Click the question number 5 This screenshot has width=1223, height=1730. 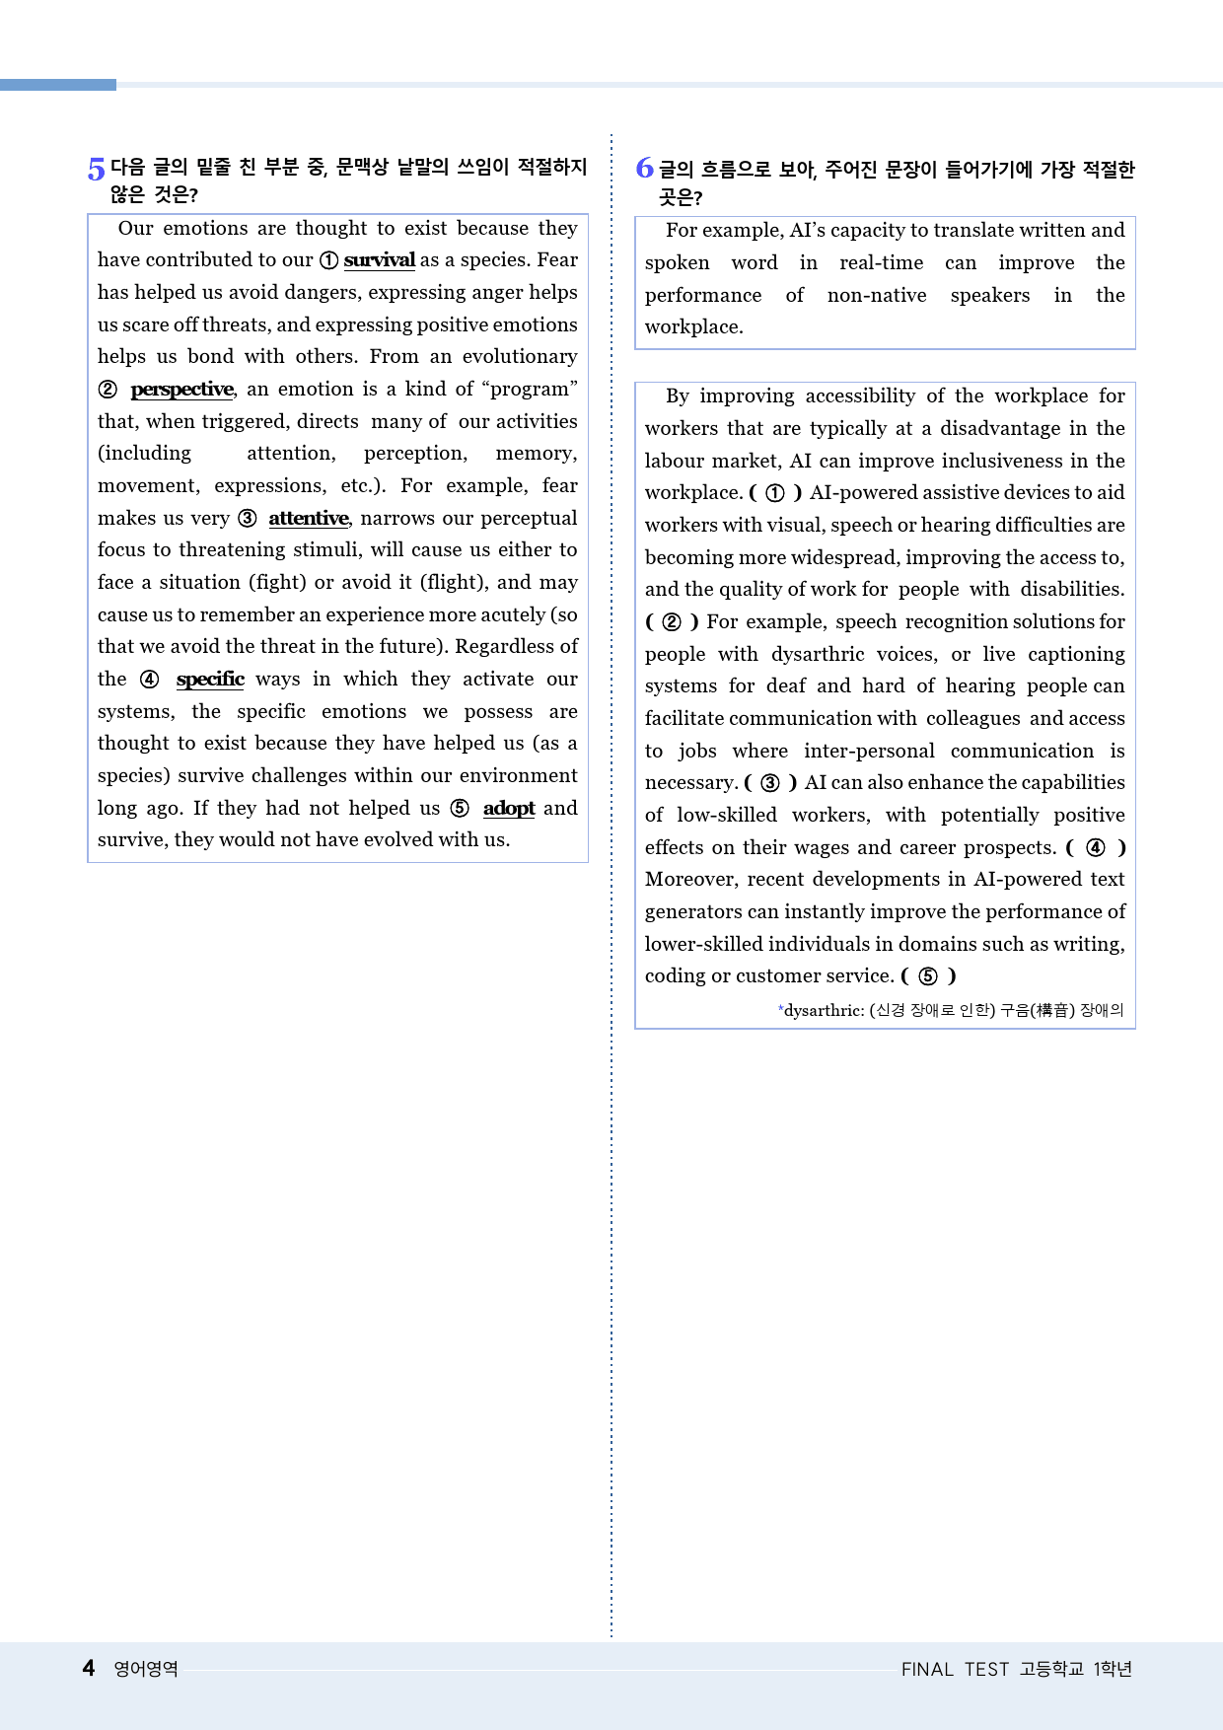click(96, 170)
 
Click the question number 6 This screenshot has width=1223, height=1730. click(644, 169)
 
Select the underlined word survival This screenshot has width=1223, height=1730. click(379, 260)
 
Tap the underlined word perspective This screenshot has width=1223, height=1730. click(181, 390)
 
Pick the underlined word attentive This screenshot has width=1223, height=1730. click(308, 519)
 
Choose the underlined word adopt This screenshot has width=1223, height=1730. click(509, 809)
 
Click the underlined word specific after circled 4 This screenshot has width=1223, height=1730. click(210, 680)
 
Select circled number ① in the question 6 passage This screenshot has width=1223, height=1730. click(775, 493)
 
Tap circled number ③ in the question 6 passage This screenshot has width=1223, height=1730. click(770, 783)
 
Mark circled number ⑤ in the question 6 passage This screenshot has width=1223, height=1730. click(928, 976)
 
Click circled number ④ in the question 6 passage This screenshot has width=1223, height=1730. click(1096, 848)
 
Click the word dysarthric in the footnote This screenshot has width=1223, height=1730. click(824, 1010)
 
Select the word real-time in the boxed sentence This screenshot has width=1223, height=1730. click(881, 263)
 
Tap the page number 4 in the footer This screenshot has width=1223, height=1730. click(89, 1668)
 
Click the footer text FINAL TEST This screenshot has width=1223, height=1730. click(955, 1669)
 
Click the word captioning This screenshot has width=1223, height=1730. click(1076, 655)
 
